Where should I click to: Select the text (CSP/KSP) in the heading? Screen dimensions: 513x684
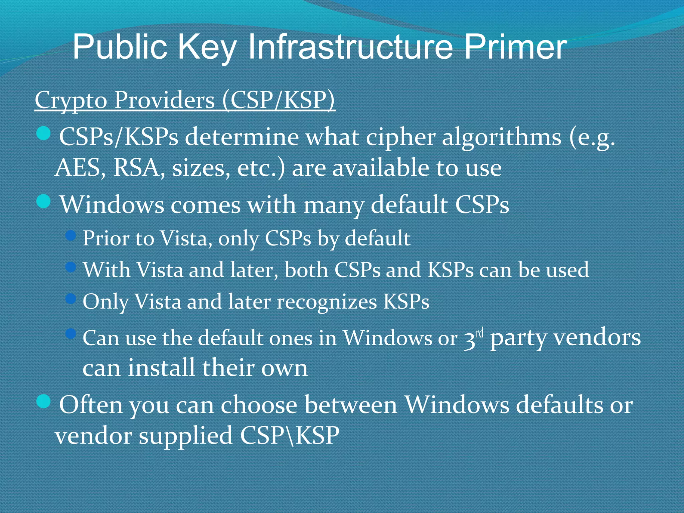point(278,100)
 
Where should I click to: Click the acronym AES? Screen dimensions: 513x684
point(78,168)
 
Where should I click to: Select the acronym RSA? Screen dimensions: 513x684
point(136,168)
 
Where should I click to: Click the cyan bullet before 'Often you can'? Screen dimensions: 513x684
point(43,401)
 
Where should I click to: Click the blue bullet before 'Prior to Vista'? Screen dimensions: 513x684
point(71,236)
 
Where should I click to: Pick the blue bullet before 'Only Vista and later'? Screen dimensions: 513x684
point(71,299)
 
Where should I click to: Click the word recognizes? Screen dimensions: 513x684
point(327,302)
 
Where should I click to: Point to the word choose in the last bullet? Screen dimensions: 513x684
point(259,405)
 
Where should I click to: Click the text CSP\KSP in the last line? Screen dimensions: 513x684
point(290,436)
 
